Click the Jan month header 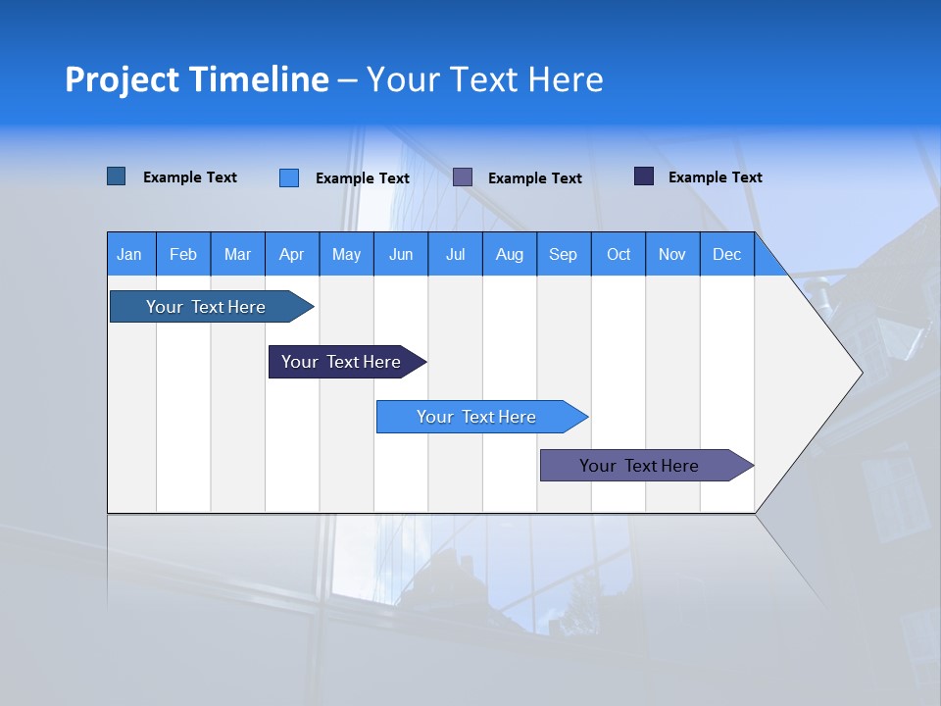coord(130,254)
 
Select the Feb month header coord(183,254)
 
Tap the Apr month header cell coord(292,254)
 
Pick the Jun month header coord(401,254)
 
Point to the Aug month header coord(510,254)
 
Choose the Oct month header coord(619,254)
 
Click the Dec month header coord(727,254)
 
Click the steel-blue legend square coord(117,176)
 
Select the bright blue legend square coord(289,177)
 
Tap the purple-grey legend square coord(463,177)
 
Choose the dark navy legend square coord(644,176)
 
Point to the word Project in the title coord(123,79)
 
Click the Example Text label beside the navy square coord(715,177)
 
